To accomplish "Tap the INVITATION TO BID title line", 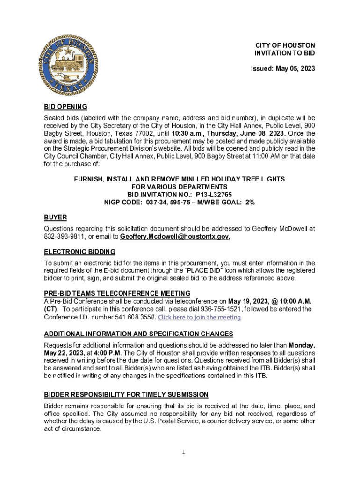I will coord(285,53).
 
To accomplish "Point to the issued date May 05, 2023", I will coord(295,69).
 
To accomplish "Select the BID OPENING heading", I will coord(65,107).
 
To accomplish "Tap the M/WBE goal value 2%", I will coord(250,202).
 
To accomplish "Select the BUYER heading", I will coord(55,218).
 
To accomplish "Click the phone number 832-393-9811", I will coord(63,237).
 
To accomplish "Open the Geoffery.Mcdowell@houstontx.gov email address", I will coord(175,237).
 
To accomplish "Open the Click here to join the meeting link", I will coord(200,317).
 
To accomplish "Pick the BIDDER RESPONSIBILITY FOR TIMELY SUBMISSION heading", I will coord(126,395).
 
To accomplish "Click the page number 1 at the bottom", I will coord(184,452).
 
